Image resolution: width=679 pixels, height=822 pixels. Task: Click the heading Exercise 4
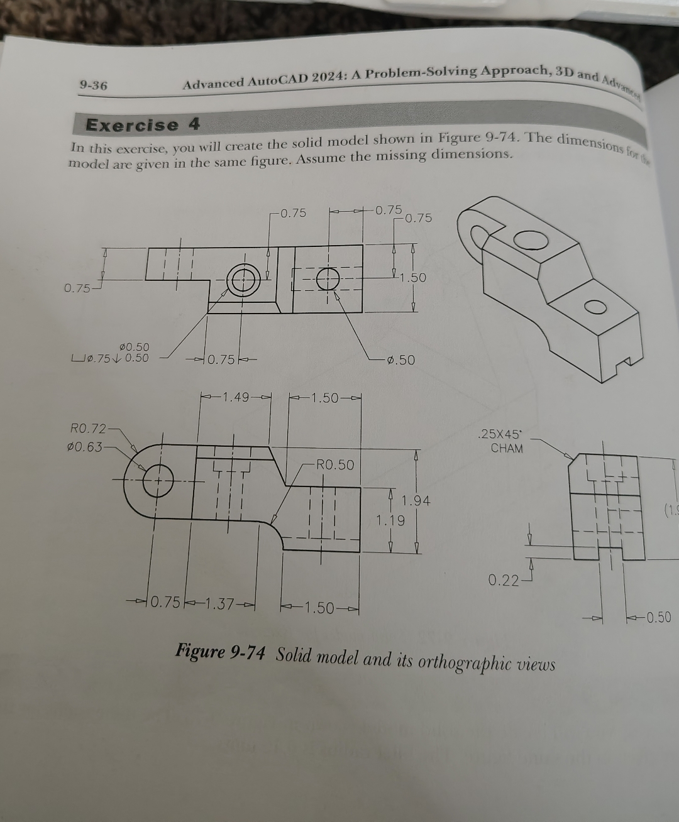pos(143,124)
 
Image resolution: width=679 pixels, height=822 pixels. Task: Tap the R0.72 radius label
pos(87,429)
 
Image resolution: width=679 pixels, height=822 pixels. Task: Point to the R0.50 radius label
pos(335,465)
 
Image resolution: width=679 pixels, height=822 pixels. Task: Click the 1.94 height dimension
pos(416,501)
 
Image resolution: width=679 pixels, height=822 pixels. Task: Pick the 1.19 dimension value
pos(390,520)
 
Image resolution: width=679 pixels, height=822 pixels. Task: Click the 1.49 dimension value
pos(236,397)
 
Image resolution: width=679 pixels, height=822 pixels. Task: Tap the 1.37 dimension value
pos(220,605)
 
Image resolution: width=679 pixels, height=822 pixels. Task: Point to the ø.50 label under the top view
pos(400,360)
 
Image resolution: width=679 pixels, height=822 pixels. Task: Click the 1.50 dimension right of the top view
pos(413,277)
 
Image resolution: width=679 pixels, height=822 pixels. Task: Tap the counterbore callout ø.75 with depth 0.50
pos(111,358)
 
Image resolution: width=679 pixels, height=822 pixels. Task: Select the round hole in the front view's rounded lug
pos(158,482)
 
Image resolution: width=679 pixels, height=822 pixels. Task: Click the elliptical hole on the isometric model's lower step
pos(595,307)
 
